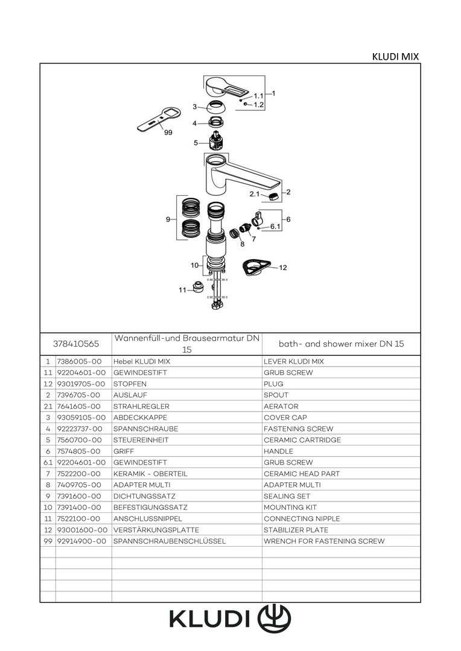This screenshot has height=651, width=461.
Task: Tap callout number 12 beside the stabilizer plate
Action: coord(283,268)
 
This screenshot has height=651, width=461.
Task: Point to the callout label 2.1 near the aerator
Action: coord(255,194)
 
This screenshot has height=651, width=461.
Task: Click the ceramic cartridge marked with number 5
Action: coord(217,140)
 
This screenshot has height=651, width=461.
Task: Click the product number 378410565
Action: coord(76,344)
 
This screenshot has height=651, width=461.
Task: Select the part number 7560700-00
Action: coord(80,440)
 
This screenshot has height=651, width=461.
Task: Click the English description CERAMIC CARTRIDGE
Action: coord(302,440)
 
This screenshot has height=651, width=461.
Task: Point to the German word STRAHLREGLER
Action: coord(141,406)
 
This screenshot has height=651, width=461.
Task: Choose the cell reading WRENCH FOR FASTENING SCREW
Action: coord(324,541)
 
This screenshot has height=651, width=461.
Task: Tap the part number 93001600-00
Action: coord(82,530)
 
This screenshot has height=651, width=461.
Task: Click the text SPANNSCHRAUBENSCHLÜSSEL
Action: coord(170,541)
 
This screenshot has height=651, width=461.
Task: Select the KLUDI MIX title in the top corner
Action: coord(395,57)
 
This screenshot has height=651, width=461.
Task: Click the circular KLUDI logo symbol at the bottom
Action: coord(275,618)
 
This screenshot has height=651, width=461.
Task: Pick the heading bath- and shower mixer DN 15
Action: coord(342,344)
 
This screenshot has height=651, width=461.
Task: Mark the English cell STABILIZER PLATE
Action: coord(296,530)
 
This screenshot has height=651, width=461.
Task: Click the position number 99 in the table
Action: coord(48,541)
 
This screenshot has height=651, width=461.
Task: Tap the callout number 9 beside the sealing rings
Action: coord(168,219)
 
